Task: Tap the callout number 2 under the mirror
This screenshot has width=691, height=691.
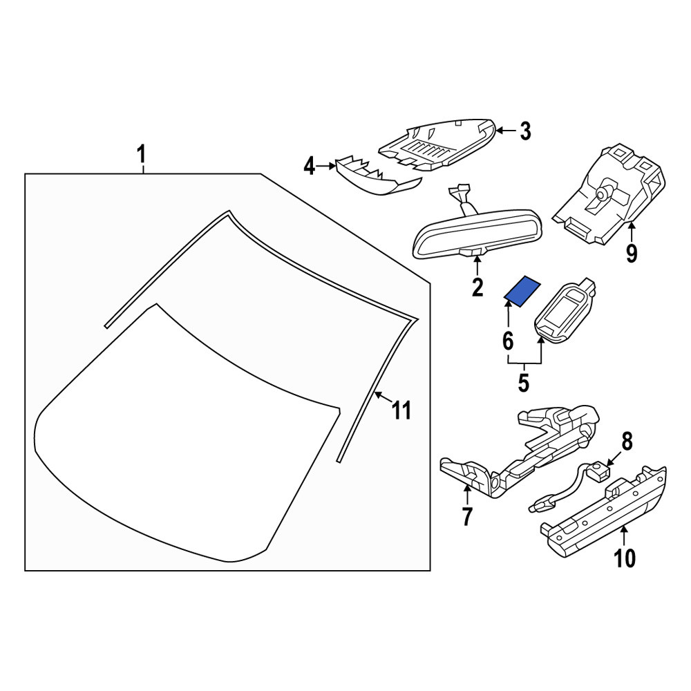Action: [477, 287]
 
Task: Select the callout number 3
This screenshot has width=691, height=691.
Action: [525, 131]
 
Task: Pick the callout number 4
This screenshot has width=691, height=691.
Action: [310, 167]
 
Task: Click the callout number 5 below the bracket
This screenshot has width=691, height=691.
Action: [523, 383]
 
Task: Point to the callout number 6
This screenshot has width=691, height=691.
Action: [508, 341]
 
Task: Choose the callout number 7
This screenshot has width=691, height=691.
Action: [467, 516]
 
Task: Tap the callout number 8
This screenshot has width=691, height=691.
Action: [627, 441]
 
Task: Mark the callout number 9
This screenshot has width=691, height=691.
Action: [632, 253]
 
